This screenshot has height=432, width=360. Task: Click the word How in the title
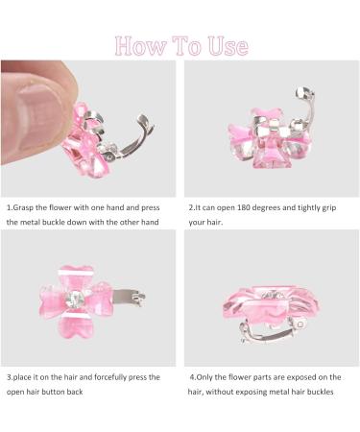tap(136, 45)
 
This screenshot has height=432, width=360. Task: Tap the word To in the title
tap(181, 45)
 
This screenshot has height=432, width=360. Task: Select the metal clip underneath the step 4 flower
tap(250, 334)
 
